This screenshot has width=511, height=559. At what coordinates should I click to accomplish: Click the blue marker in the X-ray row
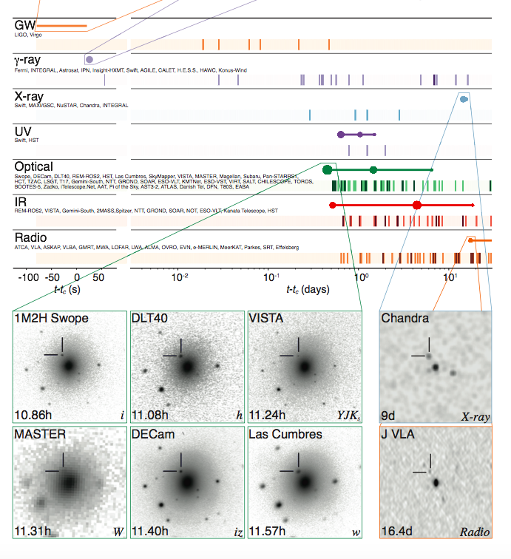pos(464,99)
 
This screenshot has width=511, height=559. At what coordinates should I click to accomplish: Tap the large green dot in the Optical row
pos(328,170)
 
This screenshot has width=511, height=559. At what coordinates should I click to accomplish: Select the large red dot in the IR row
pos(417,205)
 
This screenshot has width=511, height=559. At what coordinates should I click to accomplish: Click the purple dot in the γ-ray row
pos(89,59)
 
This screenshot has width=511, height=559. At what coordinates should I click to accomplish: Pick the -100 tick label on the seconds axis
pos(28,277)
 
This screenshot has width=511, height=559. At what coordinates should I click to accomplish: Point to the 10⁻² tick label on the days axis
pos(179,277)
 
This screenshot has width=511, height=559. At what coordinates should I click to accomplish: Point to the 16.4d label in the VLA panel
pos(396,531)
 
